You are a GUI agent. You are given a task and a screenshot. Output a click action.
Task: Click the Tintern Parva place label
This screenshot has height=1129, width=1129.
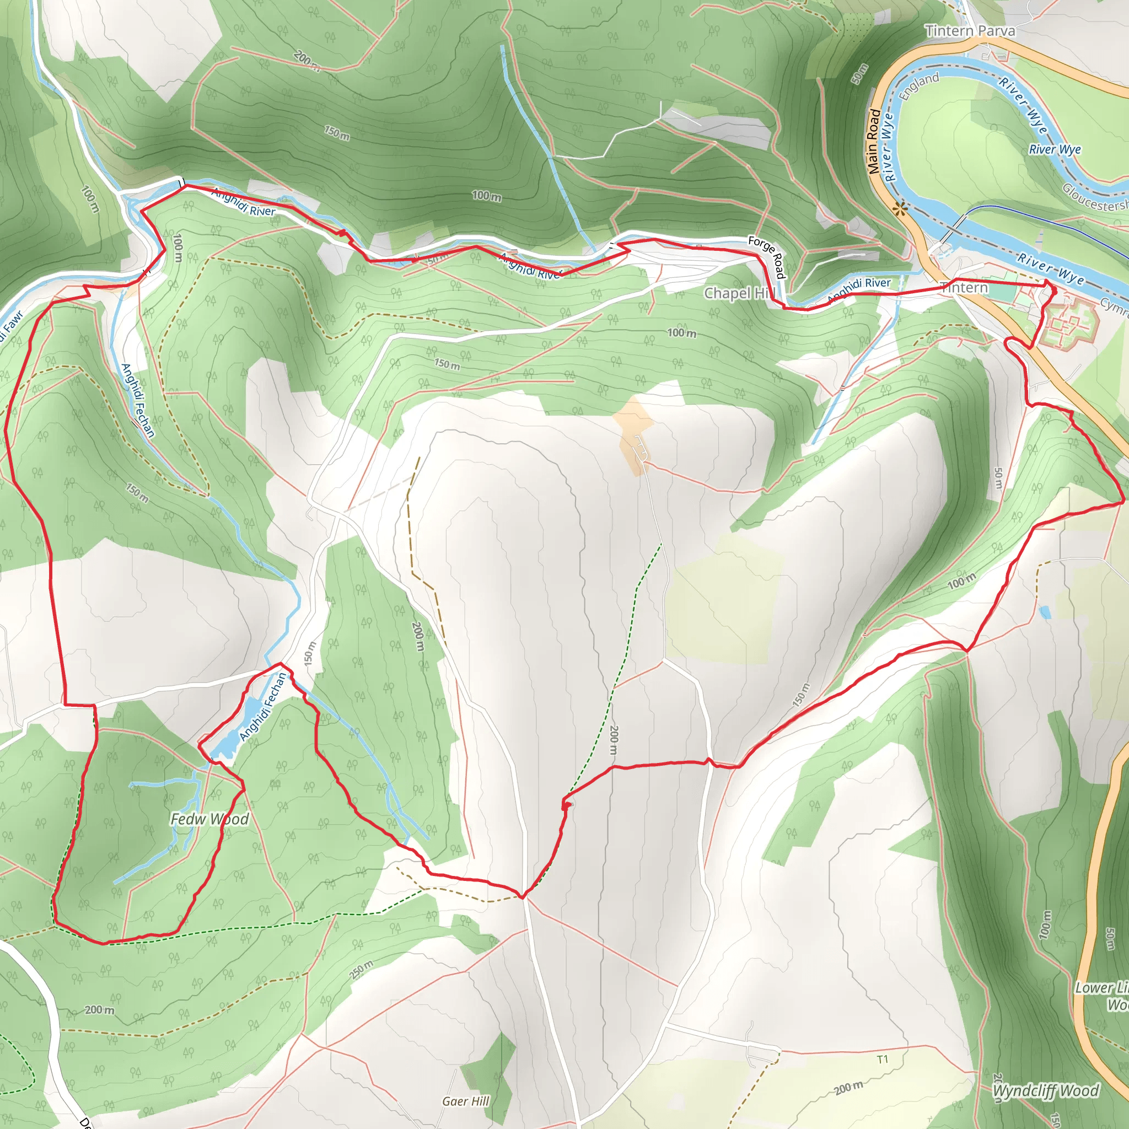point(970,31)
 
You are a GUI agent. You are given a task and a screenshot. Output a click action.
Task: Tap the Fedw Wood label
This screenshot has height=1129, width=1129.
point(209,819)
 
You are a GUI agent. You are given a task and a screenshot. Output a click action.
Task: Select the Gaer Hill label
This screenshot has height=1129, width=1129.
point(465,1101)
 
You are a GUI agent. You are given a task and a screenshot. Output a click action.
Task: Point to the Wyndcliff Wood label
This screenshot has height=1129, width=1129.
point(1045,1091)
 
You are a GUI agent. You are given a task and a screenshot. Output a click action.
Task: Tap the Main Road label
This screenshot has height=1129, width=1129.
point(874,142)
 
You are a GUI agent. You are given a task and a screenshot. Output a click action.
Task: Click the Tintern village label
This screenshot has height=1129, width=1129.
point(964,288)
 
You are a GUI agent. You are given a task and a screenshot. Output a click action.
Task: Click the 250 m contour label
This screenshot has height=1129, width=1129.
point(361,971)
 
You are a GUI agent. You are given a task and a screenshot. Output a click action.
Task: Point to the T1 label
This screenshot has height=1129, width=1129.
point(883,1060)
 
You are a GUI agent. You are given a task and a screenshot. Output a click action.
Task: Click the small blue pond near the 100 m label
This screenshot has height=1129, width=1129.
point(1045,612)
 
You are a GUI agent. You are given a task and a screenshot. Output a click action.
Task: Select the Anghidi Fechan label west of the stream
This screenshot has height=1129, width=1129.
point(138,400)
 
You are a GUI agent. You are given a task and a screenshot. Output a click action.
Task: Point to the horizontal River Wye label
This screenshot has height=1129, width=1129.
point(1055,149)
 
